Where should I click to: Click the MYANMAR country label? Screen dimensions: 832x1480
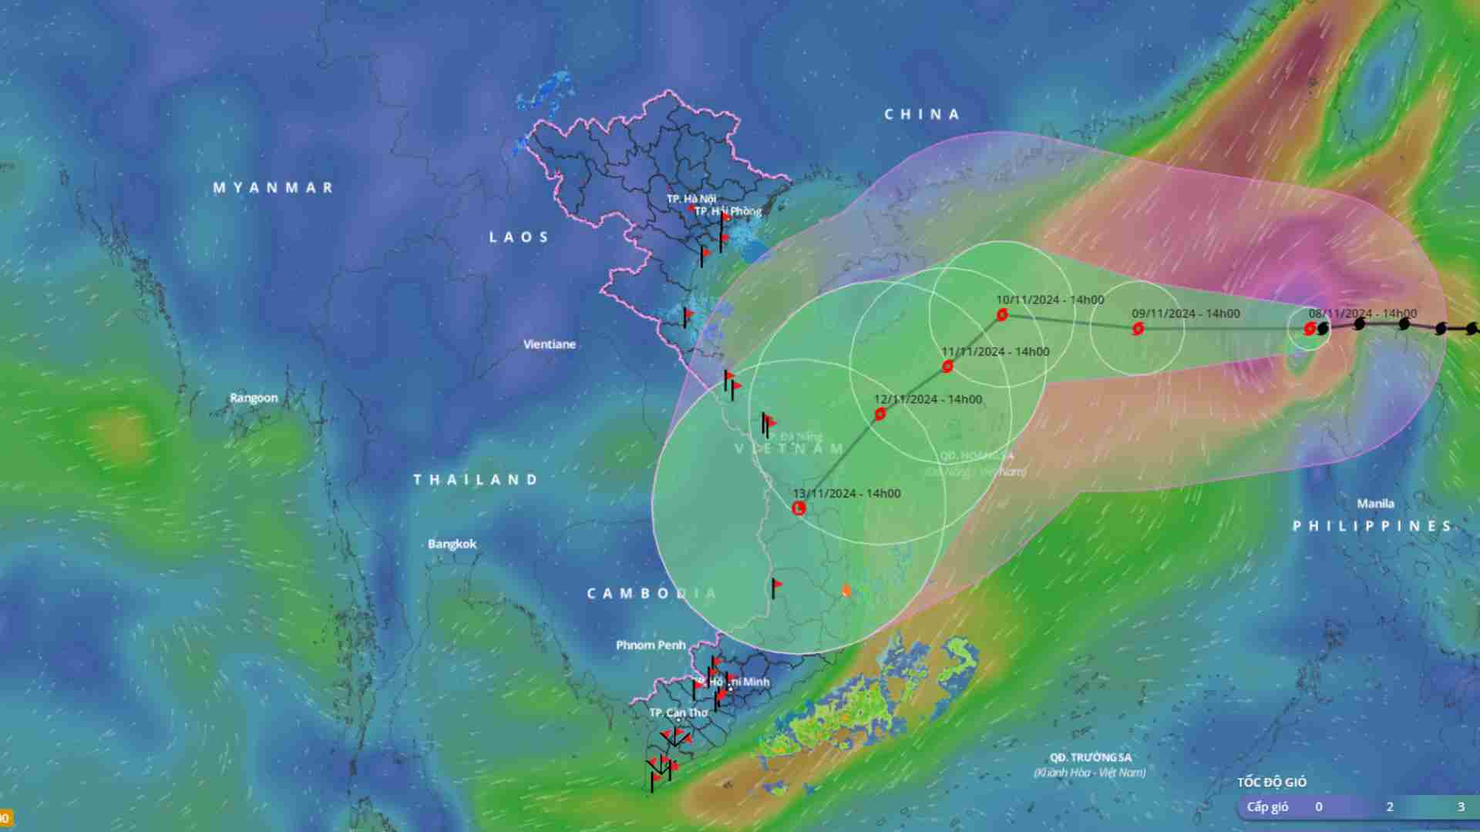point(273,187)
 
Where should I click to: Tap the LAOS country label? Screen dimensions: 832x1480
point(519,237)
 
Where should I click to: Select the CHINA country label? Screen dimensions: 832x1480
point(922,115)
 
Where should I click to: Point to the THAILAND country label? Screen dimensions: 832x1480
point(476,480)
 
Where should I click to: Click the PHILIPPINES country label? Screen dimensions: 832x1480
point(1372,526)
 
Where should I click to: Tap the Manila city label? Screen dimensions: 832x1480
point(1375,504)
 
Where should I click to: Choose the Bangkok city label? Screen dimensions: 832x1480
point(452,544)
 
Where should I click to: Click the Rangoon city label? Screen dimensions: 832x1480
point(254,398)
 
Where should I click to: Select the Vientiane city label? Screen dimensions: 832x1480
point(549,344)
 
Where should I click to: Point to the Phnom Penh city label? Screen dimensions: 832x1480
point(651,645)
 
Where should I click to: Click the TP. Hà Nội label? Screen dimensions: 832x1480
point(691,199)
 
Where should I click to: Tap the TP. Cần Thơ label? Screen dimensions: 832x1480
point(678,713)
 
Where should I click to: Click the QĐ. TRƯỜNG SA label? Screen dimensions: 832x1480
point(1090,758)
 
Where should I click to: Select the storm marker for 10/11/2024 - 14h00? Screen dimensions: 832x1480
point(1002,314)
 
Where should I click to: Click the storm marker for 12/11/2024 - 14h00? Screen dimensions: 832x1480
point(880,414)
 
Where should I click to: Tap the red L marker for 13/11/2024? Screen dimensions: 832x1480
point(799,508)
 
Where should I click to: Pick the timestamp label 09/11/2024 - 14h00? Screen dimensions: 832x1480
point(1186,314)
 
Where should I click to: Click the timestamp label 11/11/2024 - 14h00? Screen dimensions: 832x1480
point(995,352)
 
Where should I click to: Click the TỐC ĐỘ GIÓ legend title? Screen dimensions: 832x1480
point(1272,783)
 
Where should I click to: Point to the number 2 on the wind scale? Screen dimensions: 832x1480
point(1390,807)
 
